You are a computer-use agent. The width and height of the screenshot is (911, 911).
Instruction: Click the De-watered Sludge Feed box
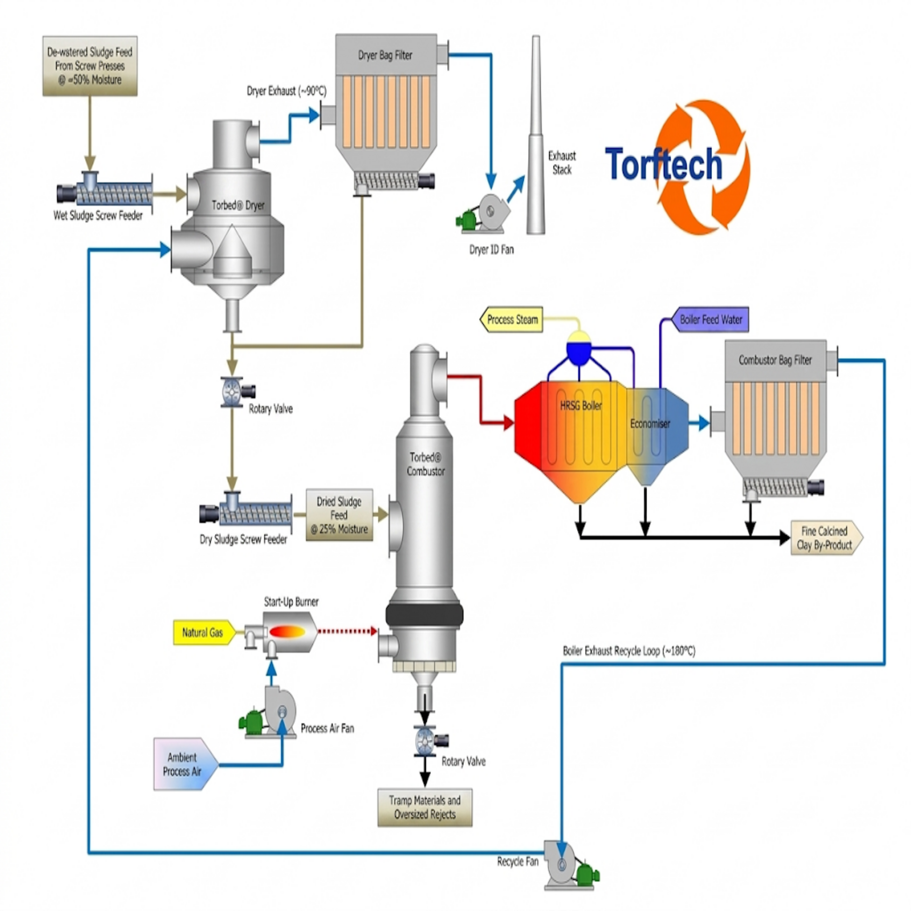[x=90, y=66]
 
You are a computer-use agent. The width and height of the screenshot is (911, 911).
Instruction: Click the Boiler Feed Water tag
[x=709, y=319]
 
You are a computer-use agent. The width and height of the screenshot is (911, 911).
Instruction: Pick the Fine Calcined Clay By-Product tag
[x=826, y=538]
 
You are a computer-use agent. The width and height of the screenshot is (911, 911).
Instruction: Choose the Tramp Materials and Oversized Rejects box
[x=425, y=808]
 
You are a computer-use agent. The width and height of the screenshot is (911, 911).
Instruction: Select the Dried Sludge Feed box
[x=339, y=515]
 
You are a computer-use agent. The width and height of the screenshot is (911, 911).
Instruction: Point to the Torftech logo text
[x=664, y=164]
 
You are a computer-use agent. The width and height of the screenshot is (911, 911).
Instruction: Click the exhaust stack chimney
[x=536, y=135]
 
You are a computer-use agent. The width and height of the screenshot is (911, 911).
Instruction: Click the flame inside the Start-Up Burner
[x=287, y=632]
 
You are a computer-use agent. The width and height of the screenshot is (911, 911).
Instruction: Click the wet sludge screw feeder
[x=105, y=192]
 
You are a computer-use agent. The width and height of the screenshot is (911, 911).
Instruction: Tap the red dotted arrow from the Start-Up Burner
[x=347, y=631]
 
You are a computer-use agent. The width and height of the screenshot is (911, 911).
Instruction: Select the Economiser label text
[x=650, y=424]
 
